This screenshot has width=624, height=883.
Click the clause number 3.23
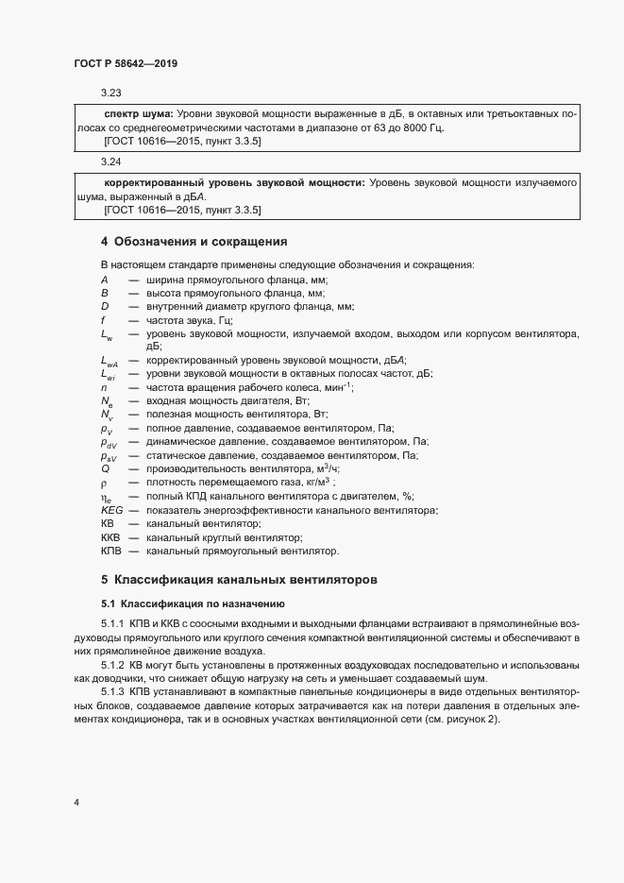(x=111, y=93)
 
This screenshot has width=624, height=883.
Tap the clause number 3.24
(x=111, y=161)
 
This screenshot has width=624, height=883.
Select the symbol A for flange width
(x=105, y=280)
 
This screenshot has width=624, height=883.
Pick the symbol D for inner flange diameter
(x=105, y=307)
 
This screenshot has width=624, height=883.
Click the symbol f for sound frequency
(x=103, y=320)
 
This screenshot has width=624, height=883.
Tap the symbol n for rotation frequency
(x=104, y=387)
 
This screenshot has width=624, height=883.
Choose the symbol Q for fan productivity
(x=105, y=468)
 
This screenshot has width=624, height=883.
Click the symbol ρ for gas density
(x=104, y=482)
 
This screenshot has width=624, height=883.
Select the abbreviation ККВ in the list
(x=111, y=536)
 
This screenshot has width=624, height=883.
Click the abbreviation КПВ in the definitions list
(x=111, y=551)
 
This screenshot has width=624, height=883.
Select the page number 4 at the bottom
(x=76, y=803)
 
